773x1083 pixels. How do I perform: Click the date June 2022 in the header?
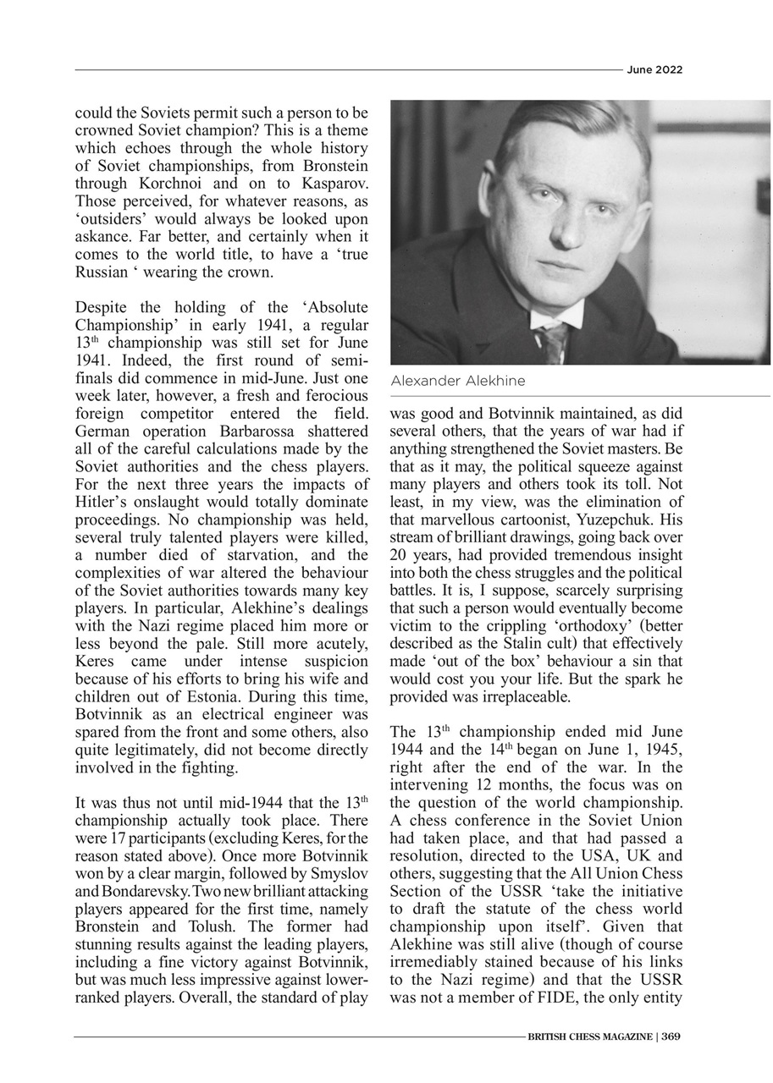point(654,70)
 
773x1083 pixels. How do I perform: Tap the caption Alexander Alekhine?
point(457,382)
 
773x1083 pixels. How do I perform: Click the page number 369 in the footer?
point(671,1036)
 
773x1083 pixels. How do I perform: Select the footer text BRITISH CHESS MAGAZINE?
point(588,1036)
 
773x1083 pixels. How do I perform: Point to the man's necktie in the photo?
point(554,343)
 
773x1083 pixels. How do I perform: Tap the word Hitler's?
point(103,503)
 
